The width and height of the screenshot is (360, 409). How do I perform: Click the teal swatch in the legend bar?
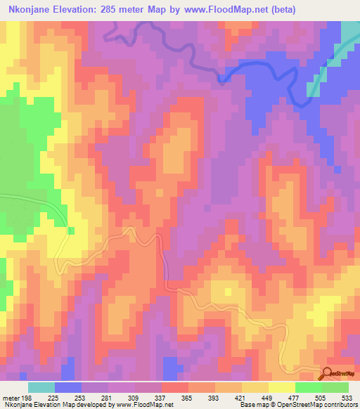pyautogui.click(x=41, y=387)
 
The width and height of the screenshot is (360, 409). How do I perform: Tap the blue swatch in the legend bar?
pyautogui.click(x=67, y=387)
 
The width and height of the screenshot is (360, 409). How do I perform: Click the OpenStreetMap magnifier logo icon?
pyautogui.click(x=327, y=374)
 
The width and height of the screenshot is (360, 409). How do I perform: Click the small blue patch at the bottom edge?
pyautogui.click(x=170, y=367)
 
